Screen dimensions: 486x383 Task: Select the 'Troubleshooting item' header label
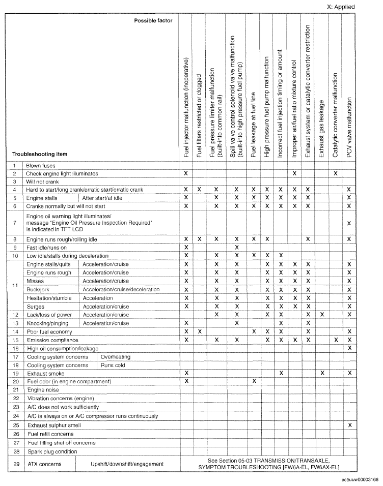(x=40, y=154)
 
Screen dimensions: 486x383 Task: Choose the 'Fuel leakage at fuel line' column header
(x=253, y=125)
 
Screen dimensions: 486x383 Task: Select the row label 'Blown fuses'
(x=40, y=165)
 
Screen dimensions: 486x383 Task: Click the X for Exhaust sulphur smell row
(x=349, y=424)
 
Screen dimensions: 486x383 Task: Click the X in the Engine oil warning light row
(x=349, y=223)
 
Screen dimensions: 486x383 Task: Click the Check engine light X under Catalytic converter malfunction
(x=336, y=173)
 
